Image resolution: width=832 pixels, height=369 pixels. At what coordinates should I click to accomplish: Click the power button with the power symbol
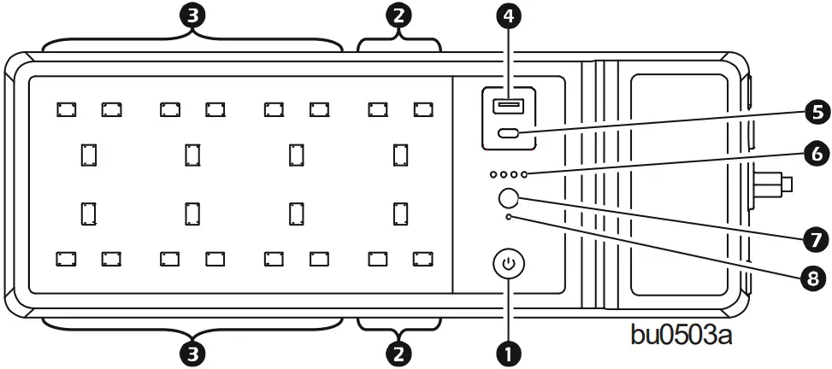pyautogui.click(x=510, y=264)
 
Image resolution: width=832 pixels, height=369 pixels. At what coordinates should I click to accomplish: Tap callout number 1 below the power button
pyautogui.click(x=510, y=351)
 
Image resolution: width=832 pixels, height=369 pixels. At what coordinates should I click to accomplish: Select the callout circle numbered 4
pyautogui.click(x=510, y=17)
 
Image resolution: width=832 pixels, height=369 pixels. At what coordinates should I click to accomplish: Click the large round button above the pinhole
pyautogui.click(x=508, y=198)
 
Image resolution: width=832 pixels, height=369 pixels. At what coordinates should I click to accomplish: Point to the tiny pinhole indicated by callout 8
pyautogui.click(x=510, y=218)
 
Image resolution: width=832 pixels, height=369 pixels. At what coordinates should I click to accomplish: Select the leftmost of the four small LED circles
pyautogui.click(x=493, y=174)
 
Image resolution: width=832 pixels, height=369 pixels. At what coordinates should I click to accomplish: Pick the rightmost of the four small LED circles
pyautogui.click(x=524, y=174)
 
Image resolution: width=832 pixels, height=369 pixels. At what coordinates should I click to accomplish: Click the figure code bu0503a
pyautogui.click(x=681, y=333)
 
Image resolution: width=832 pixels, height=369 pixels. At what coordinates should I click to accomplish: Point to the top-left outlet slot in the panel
pyautogui.click(x=66, y=108)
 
